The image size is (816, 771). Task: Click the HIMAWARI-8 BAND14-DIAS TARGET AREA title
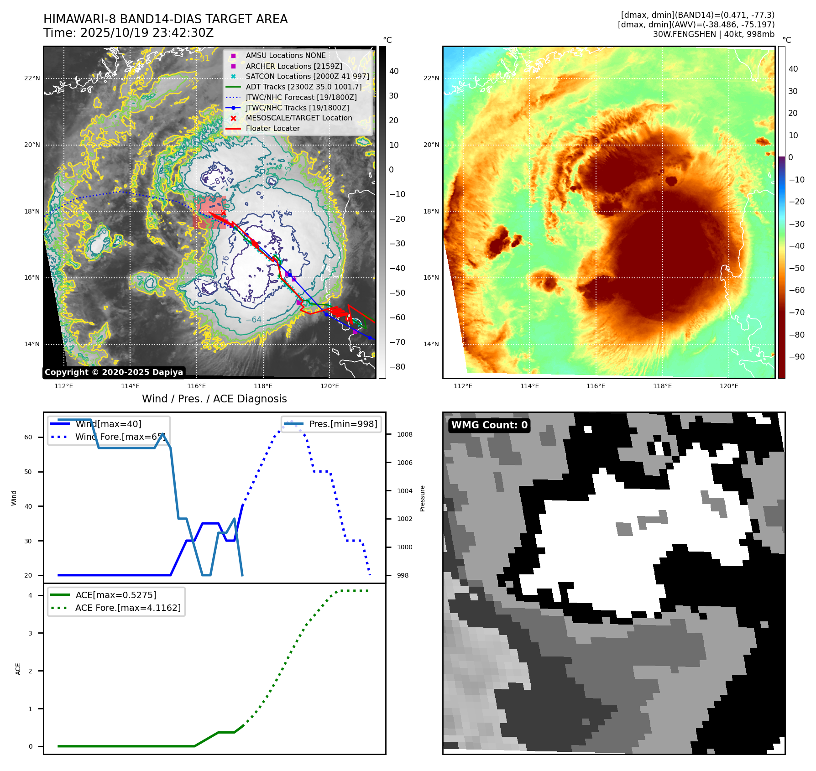click(165, 19)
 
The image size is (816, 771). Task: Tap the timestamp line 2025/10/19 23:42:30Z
click(128, 33)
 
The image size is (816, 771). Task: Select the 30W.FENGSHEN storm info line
click(713, 34)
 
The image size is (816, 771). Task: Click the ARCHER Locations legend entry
click(293, 66)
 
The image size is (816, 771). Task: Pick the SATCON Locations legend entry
click(307, 76)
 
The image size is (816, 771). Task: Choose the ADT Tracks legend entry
click(303, 87)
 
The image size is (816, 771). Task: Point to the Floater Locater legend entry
click(272, 129)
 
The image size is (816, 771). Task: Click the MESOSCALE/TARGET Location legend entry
click(298, 118)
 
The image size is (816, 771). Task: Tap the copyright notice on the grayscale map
click(114, 372)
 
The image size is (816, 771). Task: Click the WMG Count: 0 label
click(489, 425)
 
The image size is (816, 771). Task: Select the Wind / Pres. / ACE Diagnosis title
click(214, 399)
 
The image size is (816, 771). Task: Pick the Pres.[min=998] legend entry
click(343, 424)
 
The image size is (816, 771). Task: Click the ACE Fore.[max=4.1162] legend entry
click(128, 608)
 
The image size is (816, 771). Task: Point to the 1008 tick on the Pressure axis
click(404, 434)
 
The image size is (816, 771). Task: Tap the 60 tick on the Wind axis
click(28, 437)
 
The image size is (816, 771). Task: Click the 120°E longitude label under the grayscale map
click(330, 386)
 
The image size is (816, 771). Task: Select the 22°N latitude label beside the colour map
click(431, 78)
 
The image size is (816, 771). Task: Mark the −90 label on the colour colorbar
click(796, 357)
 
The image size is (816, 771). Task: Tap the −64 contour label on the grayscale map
click(253, 320)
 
